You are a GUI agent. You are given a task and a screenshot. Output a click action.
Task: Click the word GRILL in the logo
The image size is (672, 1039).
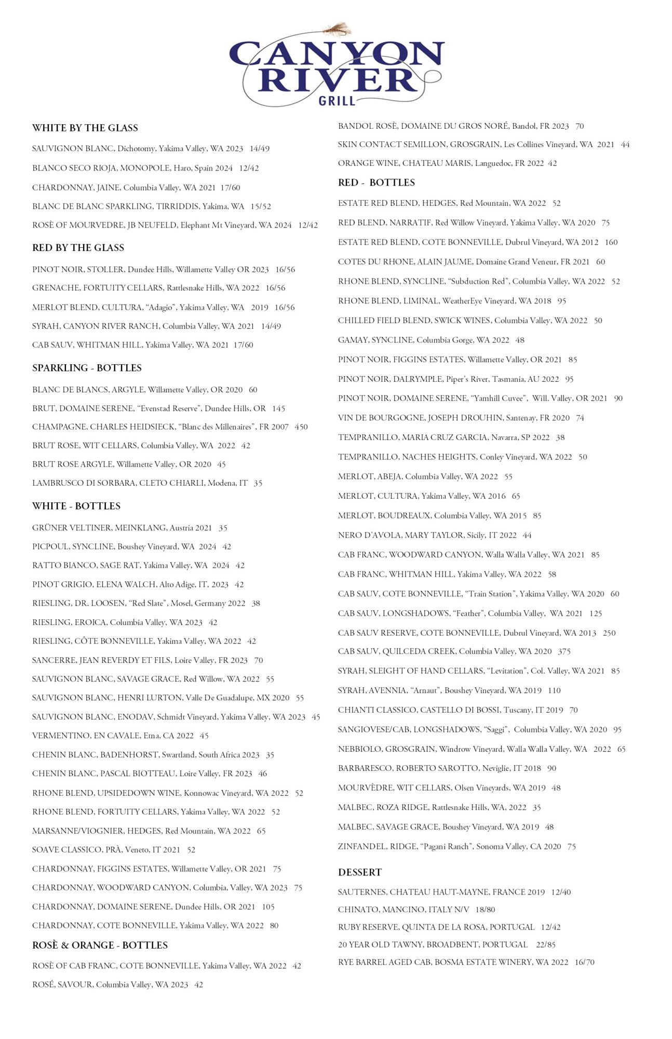(337, 100)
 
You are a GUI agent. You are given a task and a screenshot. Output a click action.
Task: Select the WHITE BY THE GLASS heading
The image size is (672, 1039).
(85, 128)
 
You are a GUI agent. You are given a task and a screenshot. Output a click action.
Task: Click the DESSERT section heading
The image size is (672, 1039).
(360, 872)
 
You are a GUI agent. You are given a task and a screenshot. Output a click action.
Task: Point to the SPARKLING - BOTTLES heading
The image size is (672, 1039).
(87, 368)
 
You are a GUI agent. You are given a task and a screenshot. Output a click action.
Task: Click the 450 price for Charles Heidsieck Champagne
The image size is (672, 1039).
(301, 427)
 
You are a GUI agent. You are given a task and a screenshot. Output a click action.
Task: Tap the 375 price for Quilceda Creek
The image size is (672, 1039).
(564, 651)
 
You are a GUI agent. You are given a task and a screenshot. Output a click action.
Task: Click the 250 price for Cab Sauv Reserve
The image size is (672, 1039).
(609, 633)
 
